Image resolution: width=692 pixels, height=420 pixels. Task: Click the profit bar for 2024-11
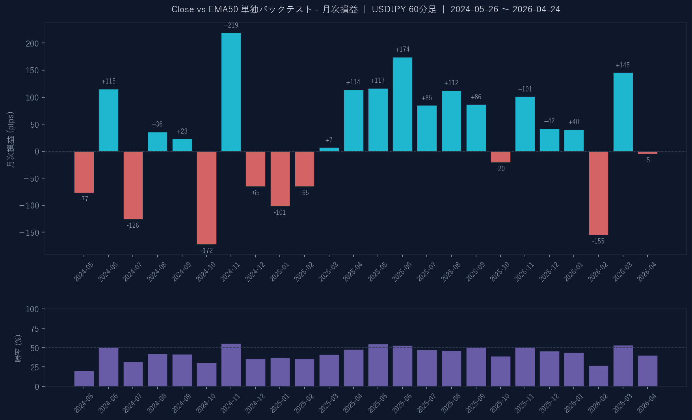coord(231,92)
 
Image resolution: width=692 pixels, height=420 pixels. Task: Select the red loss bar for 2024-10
coord(206,197)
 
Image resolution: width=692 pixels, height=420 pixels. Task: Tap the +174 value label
coord(402,50)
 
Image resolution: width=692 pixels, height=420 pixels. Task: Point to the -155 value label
coord(598,241)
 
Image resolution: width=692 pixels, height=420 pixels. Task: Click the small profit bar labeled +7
coord(329,149)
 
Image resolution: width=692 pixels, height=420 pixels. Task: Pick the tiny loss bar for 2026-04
coord(647,152)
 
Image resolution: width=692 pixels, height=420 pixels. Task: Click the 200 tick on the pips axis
coord(32,43)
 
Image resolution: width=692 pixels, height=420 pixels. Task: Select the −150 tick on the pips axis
coord(30,233)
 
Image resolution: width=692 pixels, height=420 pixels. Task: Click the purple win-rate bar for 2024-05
coord(84,378)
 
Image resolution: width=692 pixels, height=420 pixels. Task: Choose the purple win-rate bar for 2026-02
coord(598,376)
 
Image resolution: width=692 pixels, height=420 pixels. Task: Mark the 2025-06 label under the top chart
coord(402,272)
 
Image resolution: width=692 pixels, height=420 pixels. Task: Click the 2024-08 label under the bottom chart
coord(157,403)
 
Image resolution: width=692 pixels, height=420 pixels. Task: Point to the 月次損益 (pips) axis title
coord(11,139)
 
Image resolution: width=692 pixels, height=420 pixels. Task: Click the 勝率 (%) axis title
coord(18,348)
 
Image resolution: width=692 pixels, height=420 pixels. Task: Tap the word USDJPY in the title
coord(389,9)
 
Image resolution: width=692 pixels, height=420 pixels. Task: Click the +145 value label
coord(623,65)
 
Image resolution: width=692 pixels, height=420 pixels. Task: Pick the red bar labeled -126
coord(133,185)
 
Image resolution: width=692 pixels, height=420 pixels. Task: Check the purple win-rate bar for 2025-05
coord(378,365)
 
